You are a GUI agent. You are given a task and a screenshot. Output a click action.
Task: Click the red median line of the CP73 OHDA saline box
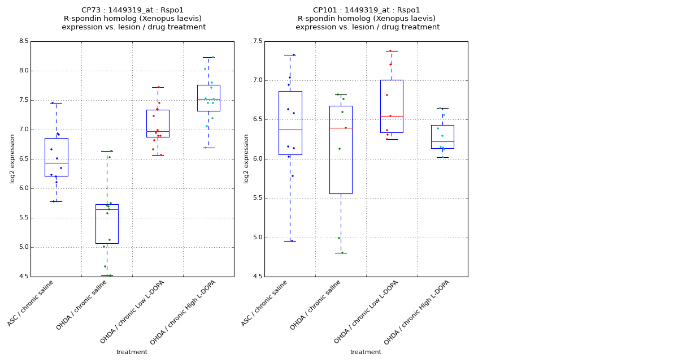107,209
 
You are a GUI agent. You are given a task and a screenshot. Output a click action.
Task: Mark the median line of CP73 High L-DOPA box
208,100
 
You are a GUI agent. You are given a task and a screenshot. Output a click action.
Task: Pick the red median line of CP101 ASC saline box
290,130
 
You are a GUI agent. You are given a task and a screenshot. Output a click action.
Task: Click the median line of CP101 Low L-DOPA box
392,116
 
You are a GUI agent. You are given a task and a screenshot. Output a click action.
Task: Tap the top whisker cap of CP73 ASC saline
56,103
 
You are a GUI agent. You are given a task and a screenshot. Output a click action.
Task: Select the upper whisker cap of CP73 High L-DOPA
208,57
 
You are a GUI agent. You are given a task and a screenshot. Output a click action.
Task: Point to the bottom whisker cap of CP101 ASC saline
290,241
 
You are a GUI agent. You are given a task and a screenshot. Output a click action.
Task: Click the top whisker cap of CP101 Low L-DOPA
392,51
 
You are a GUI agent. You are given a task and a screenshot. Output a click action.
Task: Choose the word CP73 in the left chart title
91,10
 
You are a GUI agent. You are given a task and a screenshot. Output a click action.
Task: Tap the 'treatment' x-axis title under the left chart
132,352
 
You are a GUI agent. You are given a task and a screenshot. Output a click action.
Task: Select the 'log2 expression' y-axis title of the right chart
246,158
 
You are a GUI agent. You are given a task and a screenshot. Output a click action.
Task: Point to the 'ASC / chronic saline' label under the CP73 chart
31,303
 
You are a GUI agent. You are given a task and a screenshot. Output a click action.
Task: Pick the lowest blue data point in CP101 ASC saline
292,241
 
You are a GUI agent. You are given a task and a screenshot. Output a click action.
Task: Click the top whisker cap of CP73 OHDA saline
107,151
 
